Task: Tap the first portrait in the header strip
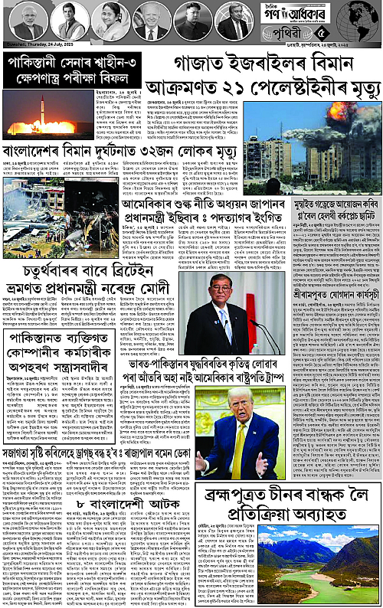point(28,21)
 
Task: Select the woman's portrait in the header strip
point(110,21)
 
